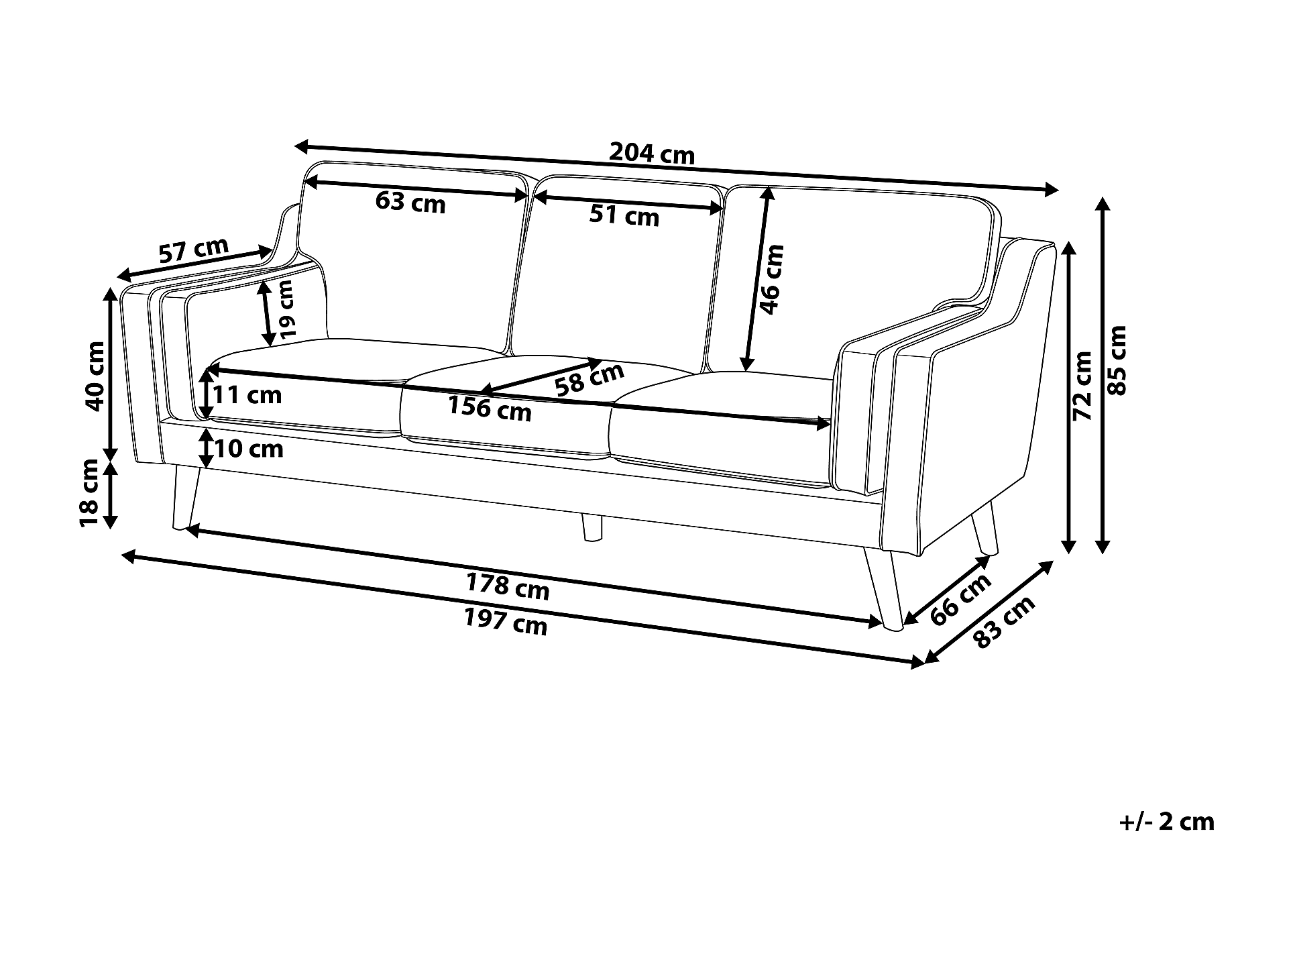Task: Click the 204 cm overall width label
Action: (x=651, y=155)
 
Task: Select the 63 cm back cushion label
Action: (x=410, y=201)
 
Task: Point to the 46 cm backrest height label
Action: (x=772, y=279)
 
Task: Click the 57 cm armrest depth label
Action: (x=193, y=250)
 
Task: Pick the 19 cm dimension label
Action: (x=286, y=309)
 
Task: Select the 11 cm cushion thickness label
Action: (x=247, y=394)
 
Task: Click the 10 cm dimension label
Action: (x=249, y=448)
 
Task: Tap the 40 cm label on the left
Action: (x=95, y=376)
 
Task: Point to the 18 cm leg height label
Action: (x=90, y=492)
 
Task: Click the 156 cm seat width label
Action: (x=490, y=408)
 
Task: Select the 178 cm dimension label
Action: (x=508, y=588)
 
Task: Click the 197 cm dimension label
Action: (x=506, y=623)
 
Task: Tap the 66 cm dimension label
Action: (x=961, y=599)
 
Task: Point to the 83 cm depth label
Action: (x=1004, y=622)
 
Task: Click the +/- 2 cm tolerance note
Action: (x=1166, y=822)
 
